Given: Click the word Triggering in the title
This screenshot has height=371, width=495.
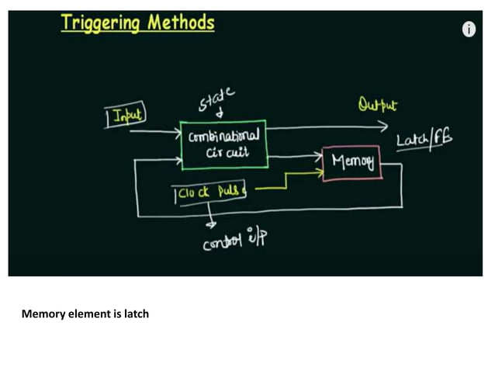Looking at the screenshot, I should coord(99,23).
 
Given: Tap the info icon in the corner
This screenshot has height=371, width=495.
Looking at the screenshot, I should coord(469,29).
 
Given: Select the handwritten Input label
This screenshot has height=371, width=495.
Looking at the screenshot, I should coord(128,116).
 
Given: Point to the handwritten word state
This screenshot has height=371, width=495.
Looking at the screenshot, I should coord(216,99).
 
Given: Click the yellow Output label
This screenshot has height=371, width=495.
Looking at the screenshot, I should coord(378,104).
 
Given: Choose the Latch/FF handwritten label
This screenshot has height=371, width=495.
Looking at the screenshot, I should coord(424,140).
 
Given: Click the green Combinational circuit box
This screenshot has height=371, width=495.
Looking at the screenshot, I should coord(223,144).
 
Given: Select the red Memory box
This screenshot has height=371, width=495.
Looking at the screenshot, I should coord(351,162).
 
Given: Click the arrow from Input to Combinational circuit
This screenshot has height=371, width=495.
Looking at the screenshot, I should coord(155,133).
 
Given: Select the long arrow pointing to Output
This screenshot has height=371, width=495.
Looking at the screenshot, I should coord(326,127).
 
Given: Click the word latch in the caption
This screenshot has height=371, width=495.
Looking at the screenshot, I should coord(135,314).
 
